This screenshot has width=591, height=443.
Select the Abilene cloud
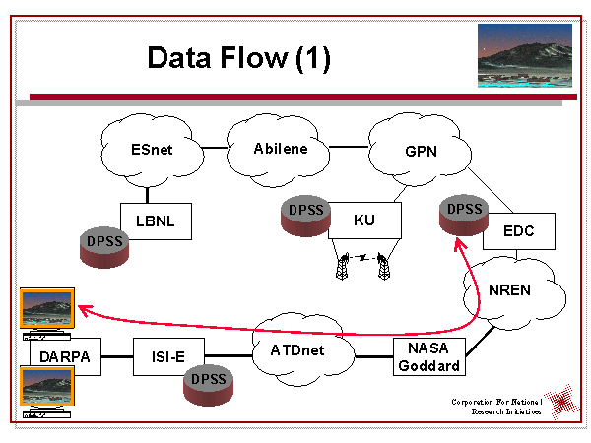pos(280,148)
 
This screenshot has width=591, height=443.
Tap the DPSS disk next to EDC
pos(463,220)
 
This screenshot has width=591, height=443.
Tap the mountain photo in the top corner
pos(523,57)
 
